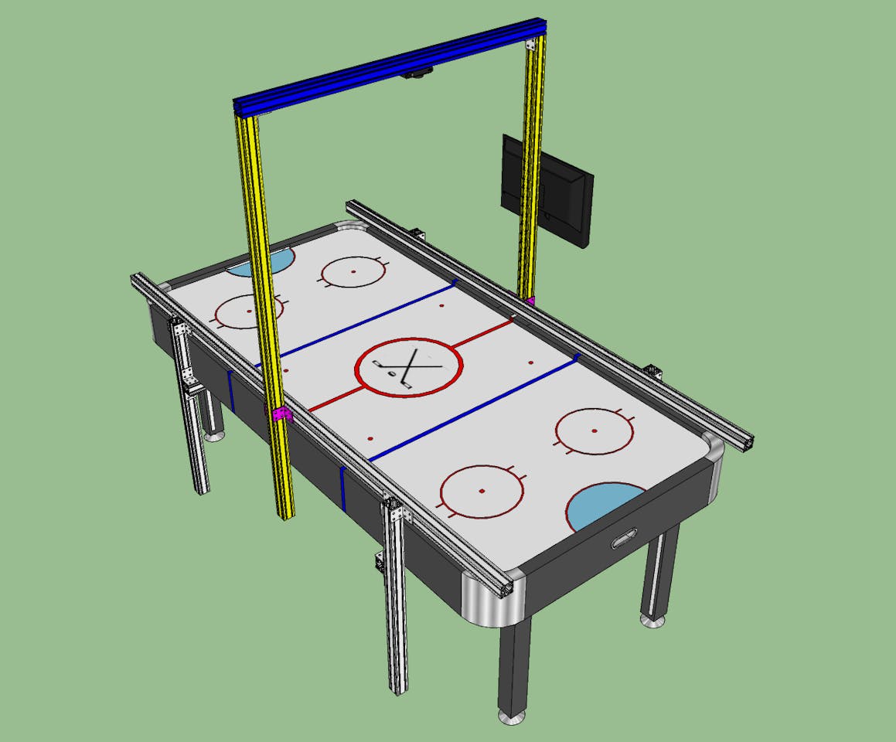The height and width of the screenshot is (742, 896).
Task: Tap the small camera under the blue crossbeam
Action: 418,74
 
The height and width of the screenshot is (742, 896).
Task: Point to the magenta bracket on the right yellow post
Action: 530,299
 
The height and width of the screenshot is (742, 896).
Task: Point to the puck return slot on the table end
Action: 623,539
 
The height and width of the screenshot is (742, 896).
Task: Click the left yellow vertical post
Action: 263,309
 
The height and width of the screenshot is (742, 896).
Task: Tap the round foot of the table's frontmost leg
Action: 511,718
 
